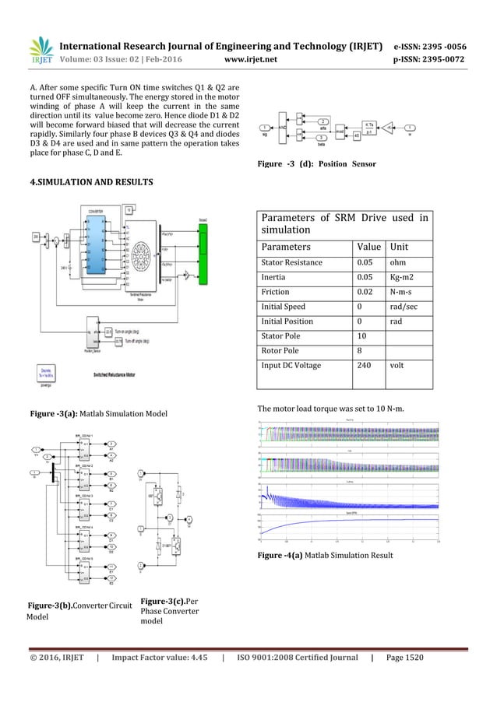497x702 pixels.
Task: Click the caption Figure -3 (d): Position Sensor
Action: pyautogui.click(x=315, y=164)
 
